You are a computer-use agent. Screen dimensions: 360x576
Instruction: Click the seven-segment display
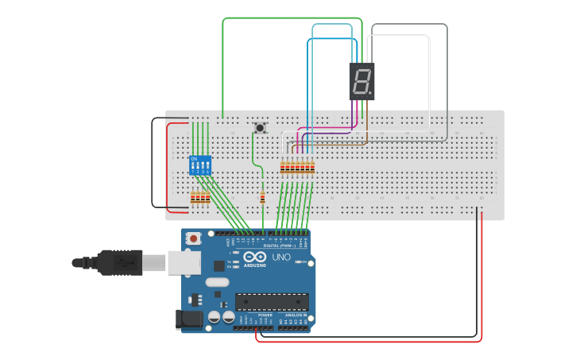coord(361,81)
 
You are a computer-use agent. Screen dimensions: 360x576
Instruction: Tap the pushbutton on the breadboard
coord(260,127)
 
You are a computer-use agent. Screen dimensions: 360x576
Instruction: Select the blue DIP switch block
coord(200,165)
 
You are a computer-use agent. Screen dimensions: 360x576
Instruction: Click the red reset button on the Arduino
coord(193,238)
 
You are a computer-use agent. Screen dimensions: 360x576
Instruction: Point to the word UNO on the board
coord(281,257)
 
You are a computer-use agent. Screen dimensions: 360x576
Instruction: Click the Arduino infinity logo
coord(255,257)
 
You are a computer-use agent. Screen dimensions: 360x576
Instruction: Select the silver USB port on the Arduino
coord(183,261)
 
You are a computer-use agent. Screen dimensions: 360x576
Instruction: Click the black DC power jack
coord(187,319)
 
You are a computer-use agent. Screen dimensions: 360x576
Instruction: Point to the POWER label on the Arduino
coord(265,315)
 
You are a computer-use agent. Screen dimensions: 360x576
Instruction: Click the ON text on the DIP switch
coord(193,158)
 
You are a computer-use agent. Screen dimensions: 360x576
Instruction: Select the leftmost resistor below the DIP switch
coord(193,197)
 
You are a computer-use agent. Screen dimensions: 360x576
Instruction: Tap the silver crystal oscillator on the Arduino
coord(216,281)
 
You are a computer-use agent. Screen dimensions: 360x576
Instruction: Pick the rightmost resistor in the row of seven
coord(312,168)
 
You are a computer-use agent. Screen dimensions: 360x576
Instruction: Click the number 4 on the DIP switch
coord(208,172)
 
